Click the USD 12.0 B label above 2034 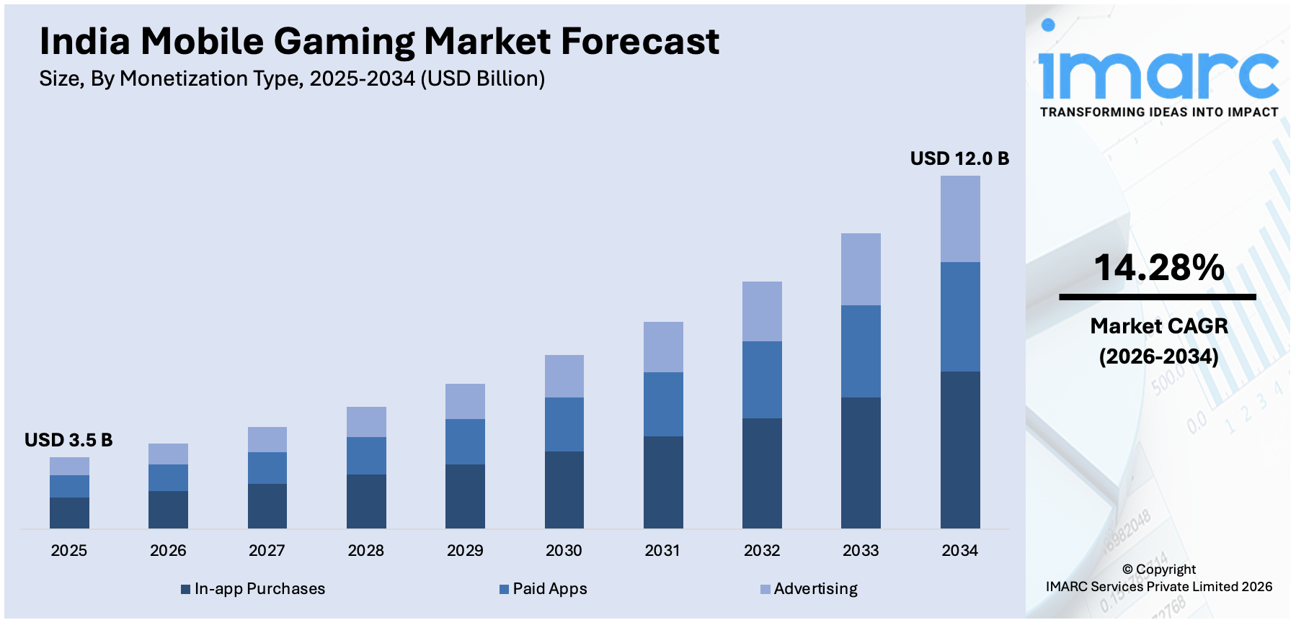tap(959, 158)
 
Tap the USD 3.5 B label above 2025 tap(68, 440)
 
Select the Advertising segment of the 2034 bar tap(959, 219)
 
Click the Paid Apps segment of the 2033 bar tap(861, 351)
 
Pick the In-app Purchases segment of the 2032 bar tap(762, 473)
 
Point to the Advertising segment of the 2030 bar tap(564, 376)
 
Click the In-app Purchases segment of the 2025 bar tap(69, 513)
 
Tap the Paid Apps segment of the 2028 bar tap(366, 456)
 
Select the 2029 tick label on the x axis tap(465, 551)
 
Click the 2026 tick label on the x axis tap(168, 551)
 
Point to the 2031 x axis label tap(662, 551)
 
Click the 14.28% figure tap(1158, 268)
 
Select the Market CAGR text tap(1158, 326)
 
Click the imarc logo tap(1158, 68)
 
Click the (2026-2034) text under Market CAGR tap(1158, 356)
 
